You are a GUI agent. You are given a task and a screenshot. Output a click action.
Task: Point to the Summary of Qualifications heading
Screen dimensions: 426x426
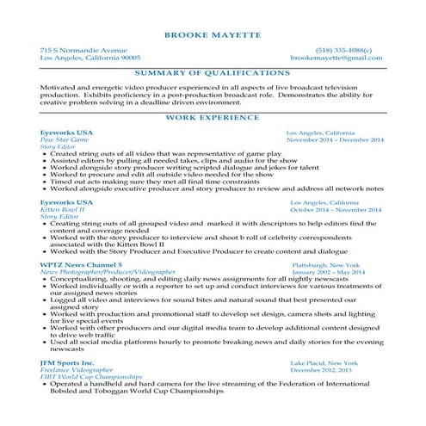coord(213,73)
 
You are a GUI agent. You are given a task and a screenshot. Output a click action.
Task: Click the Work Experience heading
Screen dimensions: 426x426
coord(213,115)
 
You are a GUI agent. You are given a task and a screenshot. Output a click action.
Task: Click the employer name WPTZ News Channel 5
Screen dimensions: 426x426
coord(81,265)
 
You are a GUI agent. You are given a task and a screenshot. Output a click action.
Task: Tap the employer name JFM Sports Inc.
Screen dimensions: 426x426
coord(66,363)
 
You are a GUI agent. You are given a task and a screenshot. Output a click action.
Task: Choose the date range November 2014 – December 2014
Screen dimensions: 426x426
coord(336,139)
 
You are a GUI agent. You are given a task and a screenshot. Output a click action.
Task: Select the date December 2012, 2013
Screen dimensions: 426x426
coord(322,370)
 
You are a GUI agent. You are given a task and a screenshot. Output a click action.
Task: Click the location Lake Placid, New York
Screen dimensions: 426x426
coord(324,363)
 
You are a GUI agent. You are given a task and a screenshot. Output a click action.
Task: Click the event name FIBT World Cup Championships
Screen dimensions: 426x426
coord(91,377)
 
